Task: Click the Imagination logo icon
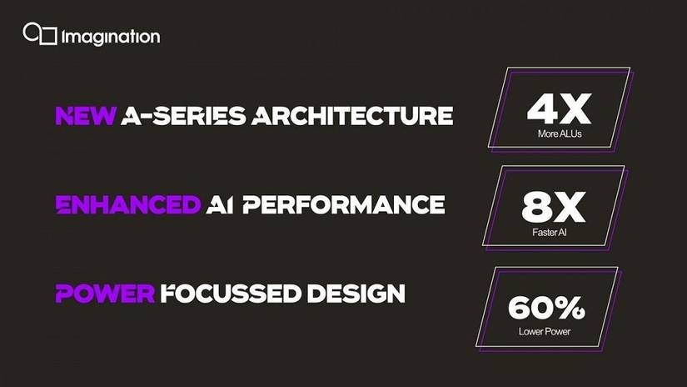[x=40, y=34]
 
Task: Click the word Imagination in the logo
[x=111, y=38]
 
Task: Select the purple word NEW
[x=86, y=115]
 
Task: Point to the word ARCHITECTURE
[x=352, y=115]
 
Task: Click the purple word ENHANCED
[x=128, y=204]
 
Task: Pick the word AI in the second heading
[x=220, y=204]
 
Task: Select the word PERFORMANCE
[x=344, y=204]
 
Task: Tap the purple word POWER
[x=105, y=294]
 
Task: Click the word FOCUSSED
[x=231, y=294]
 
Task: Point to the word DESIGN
[x=356, y=294]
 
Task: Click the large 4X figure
[x=559, y=108]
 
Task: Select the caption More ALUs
[x=560, y=133]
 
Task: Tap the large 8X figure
[x=554, y=208]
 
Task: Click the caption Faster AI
[x=550, y=233]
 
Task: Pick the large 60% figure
[x=546, y=308]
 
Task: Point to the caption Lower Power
[x=545, y=332]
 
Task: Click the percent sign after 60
[x=572, y=308]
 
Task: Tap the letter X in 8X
[x=570, y=208]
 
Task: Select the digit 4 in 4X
[x=541, y=108]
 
